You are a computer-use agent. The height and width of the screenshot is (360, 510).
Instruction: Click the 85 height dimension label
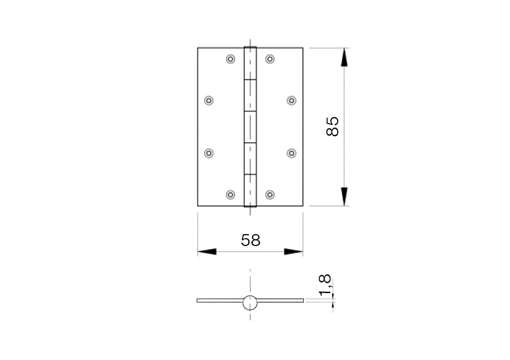tap(333, 126)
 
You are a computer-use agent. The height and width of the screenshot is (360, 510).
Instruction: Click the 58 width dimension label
tap(250, 240)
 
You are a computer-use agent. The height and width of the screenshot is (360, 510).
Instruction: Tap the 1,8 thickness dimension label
tap(325, 285)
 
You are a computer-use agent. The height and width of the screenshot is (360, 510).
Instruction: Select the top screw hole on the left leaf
tap(230, 59)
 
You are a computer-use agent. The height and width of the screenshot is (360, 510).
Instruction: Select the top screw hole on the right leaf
tap(270, 59)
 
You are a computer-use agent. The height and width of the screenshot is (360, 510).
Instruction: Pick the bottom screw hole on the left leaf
tap(230, 195)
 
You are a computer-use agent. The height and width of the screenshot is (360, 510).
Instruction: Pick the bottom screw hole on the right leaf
tap(270, 195)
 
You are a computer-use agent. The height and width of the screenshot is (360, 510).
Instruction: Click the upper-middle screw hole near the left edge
tap(209, 100)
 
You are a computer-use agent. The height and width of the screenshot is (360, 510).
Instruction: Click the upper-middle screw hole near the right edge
tap(291, 100)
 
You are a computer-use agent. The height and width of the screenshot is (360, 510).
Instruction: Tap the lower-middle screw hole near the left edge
tap(209, 153)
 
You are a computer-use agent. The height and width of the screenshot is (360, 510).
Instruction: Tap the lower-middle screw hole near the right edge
tap(291, 153)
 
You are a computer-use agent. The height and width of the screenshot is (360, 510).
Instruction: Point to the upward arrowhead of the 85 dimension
tap(344, 57)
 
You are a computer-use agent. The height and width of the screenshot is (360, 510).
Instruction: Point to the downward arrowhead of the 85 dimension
tap(344, 196)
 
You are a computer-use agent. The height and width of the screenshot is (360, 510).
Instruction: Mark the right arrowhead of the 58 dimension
tap(294, 252)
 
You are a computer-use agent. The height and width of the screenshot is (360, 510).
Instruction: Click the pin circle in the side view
tap(250, 303)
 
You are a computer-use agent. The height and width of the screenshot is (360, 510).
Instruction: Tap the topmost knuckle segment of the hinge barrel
tap(250, 63)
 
